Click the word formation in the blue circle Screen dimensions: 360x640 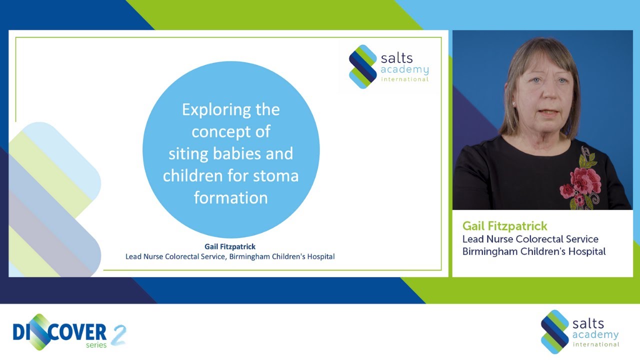click(x=231, y=198)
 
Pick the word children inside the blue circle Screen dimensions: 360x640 click(x=188, y=176)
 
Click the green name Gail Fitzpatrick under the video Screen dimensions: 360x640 click(x=504, y=226)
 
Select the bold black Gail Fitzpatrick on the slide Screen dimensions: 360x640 click(x=230, y=246)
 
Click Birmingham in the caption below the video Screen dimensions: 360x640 click(x=489, y=251)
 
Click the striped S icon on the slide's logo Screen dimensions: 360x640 click(x=362, y=66)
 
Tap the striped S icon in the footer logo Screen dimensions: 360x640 click(x=554, y=332)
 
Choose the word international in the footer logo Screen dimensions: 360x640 click(x=595, y=344)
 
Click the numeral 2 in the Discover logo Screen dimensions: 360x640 click(x=118, y=334)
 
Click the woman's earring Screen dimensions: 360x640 click(x=513, y=103)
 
